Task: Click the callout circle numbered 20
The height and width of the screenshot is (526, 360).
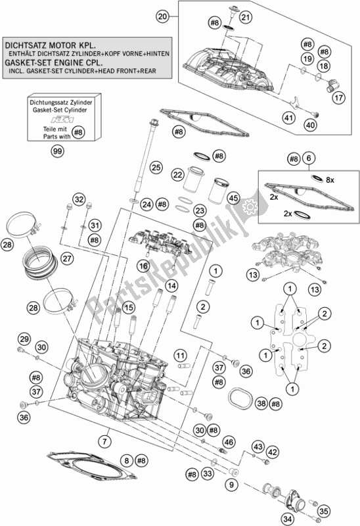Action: [162, 16]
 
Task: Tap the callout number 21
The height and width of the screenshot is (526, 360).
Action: [246, 17]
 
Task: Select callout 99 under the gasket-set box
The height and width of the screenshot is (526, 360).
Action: [58, 151]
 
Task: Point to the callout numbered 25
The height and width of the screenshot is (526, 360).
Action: [156, 167]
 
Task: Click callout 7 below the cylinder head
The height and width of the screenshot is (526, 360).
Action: [104, 441]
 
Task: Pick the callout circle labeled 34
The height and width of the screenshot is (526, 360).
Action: [287, 519]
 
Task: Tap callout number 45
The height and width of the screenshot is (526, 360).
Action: [234, 198]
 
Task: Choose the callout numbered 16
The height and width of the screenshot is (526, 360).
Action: [143, 266]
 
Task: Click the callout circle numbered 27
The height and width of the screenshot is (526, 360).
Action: [67, 258]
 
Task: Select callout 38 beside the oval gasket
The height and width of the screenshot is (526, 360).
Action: [261, 404]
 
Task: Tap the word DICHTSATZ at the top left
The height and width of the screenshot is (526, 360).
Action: [26, 45]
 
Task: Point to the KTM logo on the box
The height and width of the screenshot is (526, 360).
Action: [62, 120]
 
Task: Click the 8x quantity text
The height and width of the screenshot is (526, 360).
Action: [330, 180]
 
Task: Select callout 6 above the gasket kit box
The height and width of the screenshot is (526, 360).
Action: [309, 158]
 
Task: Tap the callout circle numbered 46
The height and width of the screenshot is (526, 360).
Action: [229, 442]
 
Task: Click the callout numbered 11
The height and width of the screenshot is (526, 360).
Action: [181, 356]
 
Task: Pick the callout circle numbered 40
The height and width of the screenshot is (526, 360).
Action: [310, 125]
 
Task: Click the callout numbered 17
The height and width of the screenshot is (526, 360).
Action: [338, 97]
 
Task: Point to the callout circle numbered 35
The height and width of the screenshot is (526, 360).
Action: [323, 512]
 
